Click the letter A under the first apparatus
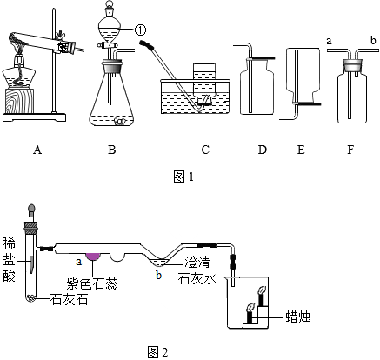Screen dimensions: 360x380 pos(37,150)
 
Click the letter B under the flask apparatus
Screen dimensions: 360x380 pos(111,150)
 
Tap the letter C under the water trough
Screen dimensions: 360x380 pos(205,150)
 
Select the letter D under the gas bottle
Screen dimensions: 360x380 pos(262,150)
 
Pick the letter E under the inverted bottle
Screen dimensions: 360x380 pos(301,150)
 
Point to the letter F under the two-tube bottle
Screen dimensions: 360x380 pos(350,150)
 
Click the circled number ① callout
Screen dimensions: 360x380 pos(140,30)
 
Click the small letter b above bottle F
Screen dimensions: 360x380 pos(372,40)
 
